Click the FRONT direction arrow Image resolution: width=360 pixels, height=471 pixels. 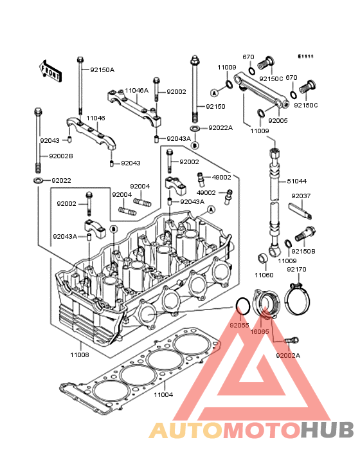pos(50,71)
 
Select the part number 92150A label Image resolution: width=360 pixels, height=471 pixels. pos(102,70)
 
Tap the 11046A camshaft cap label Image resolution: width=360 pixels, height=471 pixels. pos(137,91)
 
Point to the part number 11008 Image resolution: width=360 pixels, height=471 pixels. pos(80,355)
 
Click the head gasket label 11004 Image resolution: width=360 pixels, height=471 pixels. pos(163,394)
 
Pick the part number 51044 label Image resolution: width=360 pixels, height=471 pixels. pos(297,181)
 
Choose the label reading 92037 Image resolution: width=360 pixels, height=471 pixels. pos(301,196)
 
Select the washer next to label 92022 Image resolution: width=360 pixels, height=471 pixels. pos(37,181)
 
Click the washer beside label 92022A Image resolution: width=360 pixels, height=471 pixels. pos(195,128)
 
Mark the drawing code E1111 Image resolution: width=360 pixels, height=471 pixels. pos(305,56)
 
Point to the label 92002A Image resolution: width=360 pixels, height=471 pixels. pos(288,355)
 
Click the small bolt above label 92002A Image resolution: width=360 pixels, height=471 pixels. pos(291,340)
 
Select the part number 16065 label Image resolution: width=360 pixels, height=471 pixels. pos(260,331)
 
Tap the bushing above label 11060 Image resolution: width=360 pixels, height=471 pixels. pos(263,258)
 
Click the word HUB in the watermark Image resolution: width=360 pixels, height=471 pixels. pos(327,430)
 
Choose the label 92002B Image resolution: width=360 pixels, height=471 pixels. pos(61,156)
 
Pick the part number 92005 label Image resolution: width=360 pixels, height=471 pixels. pos(278,120)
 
